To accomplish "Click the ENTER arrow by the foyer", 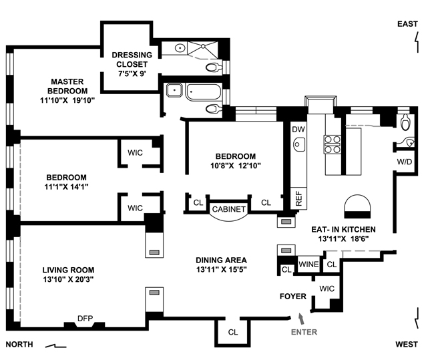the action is click(x=301, y=319).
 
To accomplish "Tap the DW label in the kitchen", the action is click(x=298, y=130).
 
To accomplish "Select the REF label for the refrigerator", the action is click(x=298, y=198).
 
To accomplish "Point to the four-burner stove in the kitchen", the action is click(x=333, y=144).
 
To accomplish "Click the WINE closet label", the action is click(x=308, y=264).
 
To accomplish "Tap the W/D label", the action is click(x=405, y=162).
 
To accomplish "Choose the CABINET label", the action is click(x=228, y=209).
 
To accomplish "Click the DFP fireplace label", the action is click(x=85, y=319).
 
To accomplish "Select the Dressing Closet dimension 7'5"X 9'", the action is click(x=132, y=73).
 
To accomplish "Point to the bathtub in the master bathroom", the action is click(x=204, y=92).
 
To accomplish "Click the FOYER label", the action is click(x=293, y=297).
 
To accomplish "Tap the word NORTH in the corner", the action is click(x=19, y=345).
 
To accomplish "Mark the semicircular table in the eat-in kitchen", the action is click(x=357, y=206).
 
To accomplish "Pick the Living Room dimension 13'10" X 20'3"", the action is click(x=68, y=279).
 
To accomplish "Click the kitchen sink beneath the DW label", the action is click(x=299, y=144).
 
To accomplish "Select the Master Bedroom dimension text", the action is click(x=67, y=100).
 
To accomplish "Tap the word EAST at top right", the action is click(x=407, y=24).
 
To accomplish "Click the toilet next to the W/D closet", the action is click(x=407, y=123).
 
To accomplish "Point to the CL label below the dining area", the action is click(x=233, y=332).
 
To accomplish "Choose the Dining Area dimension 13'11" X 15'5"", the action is click(x=222, y=269).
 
